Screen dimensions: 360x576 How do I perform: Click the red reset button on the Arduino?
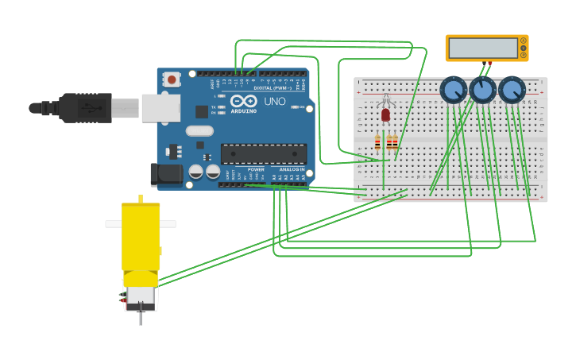[172, 79]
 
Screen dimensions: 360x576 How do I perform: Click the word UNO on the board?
[275, 102]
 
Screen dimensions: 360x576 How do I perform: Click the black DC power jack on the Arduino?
[166, 174]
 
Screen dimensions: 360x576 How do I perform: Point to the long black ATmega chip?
[264, 154]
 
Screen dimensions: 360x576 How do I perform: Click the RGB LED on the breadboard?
[386, 114]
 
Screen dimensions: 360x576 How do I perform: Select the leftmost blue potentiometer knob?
[453, 90]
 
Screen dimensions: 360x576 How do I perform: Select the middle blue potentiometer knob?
[482, 90]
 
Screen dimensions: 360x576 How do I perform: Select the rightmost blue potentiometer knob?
[512, 90]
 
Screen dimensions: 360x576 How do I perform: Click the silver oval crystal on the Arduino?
[200, 131]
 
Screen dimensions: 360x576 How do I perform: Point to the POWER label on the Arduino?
[256, 169]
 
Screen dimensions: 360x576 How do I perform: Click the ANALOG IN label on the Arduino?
[290, 169]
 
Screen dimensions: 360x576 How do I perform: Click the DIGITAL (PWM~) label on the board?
[269, 87]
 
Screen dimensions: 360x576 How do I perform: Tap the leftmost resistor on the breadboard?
[377, 142]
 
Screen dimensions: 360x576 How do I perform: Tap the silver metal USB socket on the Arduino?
[160, 108]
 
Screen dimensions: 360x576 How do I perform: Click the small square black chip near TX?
[202, 112]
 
